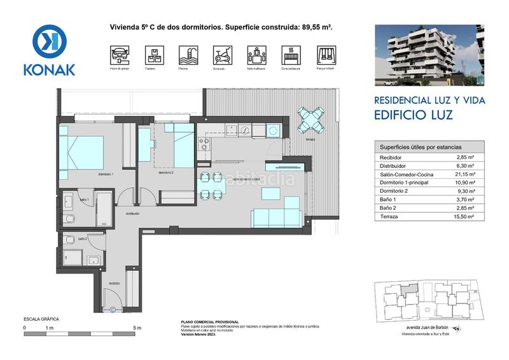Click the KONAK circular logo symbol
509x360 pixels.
[x=49, y=43]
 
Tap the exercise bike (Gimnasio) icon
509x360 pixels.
[x=220, y=54]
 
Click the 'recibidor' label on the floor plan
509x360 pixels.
[x=115, y=284]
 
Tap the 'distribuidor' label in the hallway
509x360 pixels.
[x=132, y=214]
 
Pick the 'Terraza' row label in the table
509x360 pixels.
[x=389, y=217]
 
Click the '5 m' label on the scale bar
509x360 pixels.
[x=137, y=328]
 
